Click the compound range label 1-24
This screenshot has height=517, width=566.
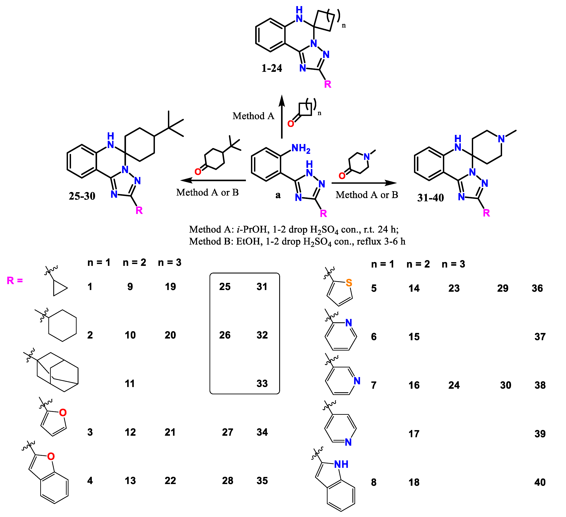coord(271,68)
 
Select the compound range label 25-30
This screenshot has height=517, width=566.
coord(82,196)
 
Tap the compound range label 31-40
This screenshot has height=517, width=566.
coord(430,198)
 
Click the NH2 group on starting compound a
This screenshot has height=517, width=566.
coord(301,148)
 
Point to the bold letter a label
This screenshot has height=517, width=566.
coord(278,195)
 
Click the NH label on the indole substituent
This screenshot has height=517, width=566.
coord(341,464)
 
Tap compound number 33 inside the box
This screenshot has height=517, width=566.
coord(262,383)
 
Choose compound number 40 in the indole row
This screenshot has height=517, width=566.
coord(540,482)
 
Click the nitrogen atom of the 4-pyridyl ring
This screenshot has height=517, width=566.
coord(348,442)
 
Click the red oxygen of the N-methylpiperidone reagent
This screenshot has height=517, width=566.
coord(342,176)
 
